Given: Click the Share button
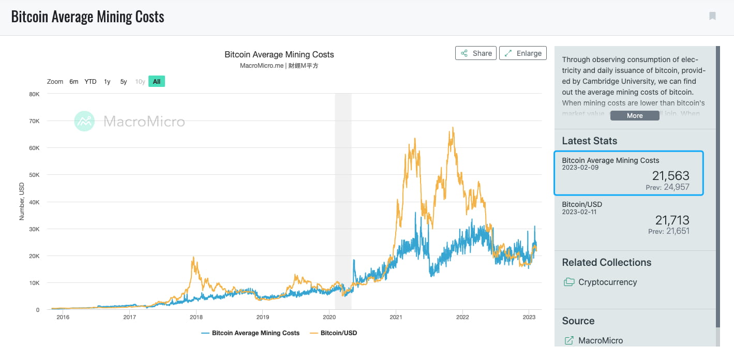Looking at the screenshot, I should pyautogui.click(x=476, y=53).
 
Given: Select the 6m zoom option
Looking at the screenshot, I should pyautogui.click(x=74, y=82).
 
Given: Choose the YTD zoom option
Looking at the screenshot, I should pyautogui.click(x=91, y=82).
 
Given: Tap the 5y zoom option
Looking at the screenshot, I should pyautogui.click(x=124, y=82).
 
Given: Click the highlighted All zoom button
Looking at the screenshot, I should pyautogui.click(x=156, y=82).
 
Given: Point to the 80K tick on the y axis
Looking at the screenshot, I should pyautogui.click(x=34, y=94).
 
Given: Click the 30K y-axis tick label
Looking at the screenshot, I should pyautogui.click(x=34, y=229).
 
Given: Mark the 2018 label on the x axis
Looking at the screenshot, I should pyautogui.click(x=196, y=318).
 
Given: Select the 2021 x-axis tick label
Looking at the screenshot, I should pyautogui.click(x=396, y=318).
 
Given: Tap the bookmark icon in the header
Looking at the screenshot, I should pyautogui.click(x=712, y=16).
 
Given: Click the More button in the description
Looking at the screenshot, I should pyautogui.click(x=635, y=116).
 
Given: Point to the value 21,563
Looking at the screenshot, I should pyautogui.click(x=670, y=175).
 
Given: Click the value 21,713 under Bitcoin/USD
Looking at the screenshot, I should pyautogui.click(x=672, y=220).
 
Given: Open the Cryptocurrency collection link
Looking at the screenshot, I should pyautogui.click(x=607, y=282).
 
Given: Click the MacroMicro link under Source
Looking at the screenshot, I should pyautogui.click(x=600, y=340).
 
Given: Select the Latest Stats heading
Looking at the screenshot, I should pyautogui.click(x=589, y=141).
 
